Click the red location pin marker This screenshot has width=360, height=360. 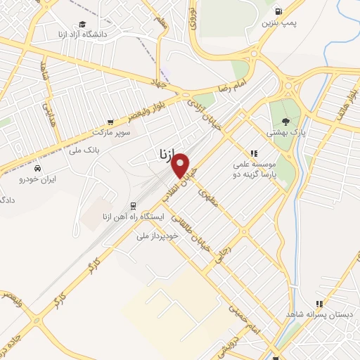(x=181, y=166)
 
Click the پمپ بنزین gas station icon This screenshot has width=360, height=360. (x=279, y=11)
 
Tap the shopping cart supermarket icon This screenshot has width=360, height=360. (x=110, y=121)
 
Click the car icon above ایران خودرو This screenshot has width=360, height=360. (x=37, y=169)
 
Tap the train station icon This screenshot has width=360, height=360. (x=132, y=205)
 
